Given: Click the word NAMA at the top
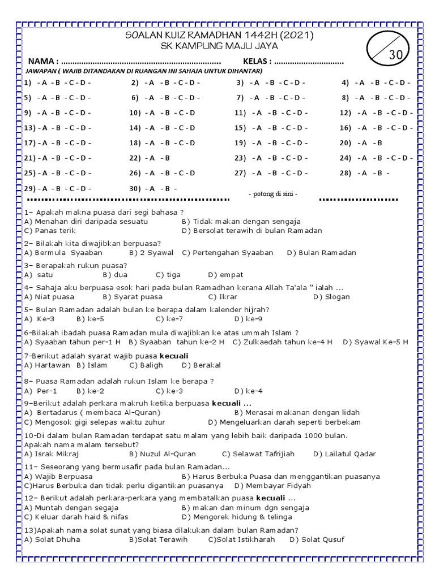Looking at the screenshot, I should tap(42, 61).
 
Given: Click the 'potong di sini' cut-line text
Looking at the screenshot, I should tap(273, 195).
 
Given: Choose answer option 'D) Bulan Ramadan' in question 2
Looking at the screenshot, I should tap(321, 253).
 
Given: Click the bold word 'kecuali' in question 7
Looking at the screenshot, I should tap(174, 356).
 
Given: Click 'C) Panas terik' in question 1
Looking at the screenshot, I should tap(49, 231).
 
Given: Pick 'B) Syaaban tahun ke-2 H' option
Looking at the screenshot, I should tap(177, 342).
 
